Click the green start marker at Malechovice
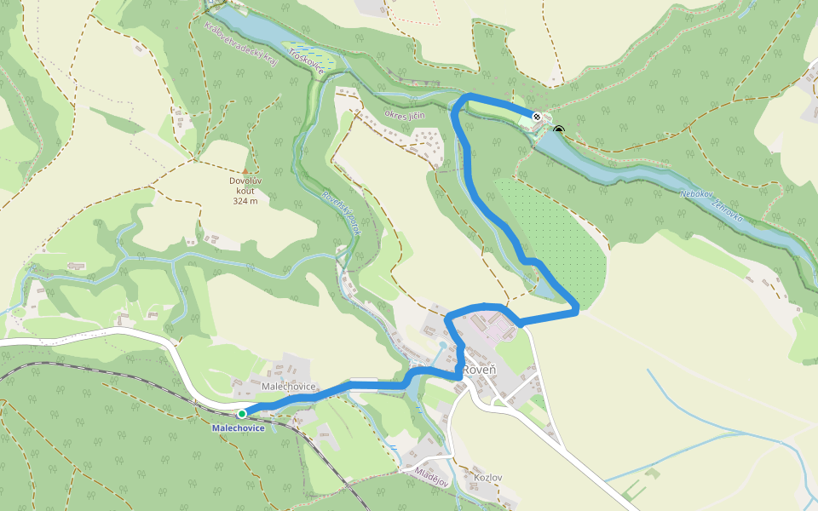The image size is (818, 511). [x=242, y=414]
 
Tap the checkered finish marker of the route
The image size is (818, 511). [x=537, y=117]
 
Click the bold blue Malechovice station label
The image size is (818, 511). [x=239, y=428]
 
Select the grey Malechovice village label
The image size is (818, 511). [x=289, y=387]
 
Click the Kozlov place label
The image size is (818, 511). [x=487, y=478]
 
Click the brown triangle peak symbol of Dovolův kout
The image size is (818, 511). [x=245, y=170]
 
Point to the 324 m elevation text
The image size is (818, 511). [x=245, y=201]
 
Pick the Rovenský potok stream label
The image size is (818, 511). [x=341, y=213]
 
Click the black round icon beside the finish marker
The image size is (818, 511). [x=559, y=130]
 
